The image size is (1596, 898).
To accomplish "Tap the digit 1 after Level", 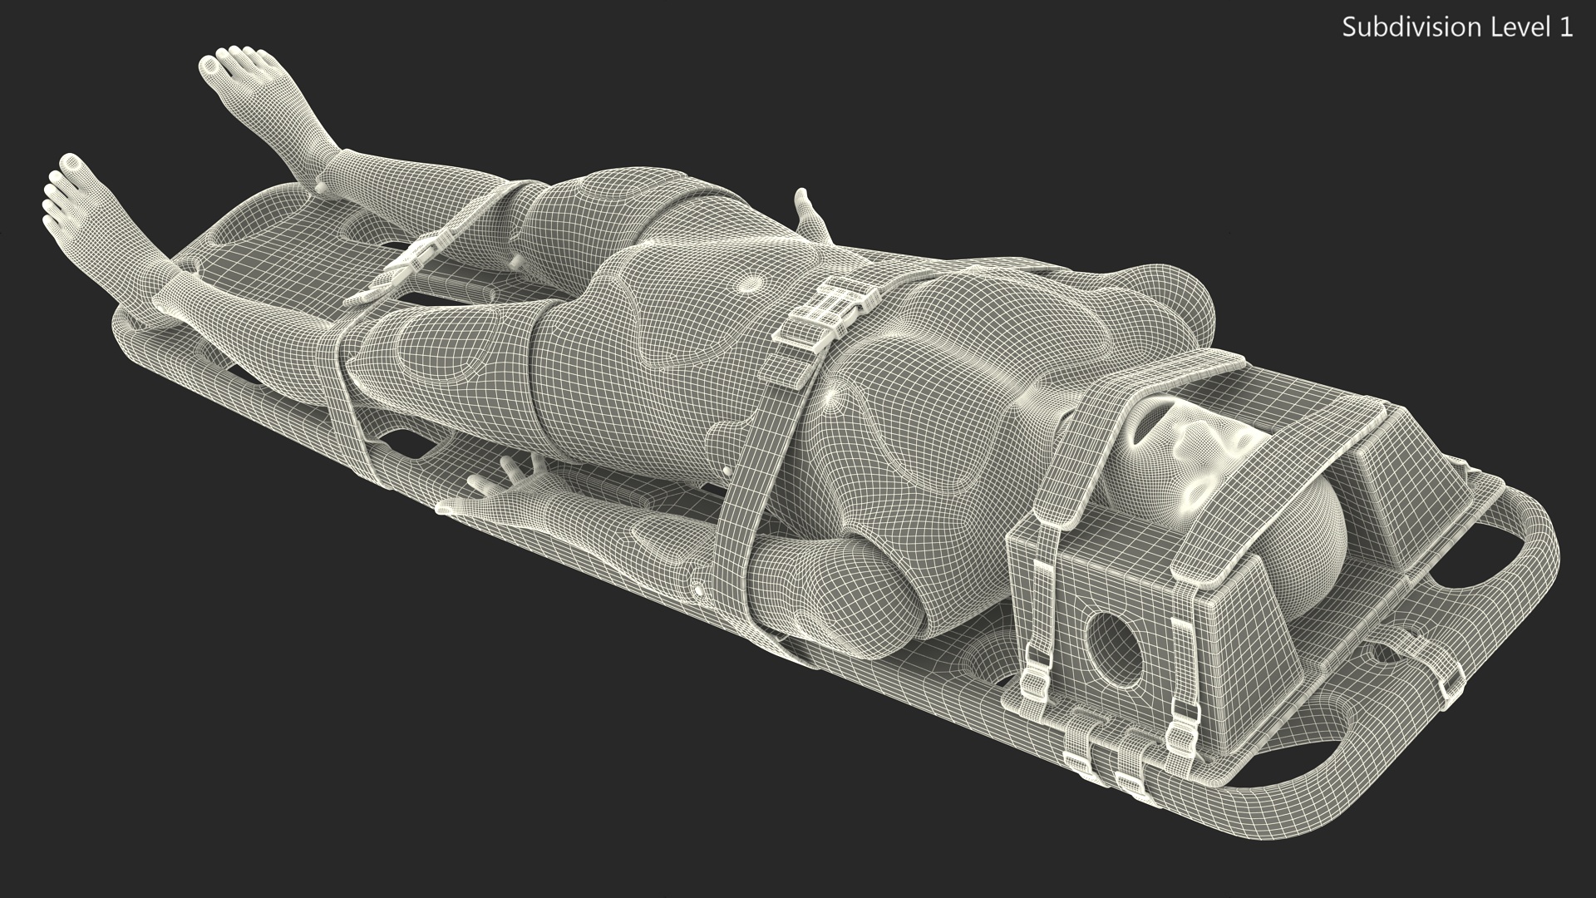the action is pyautogui.click(x=1565, y=27).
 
